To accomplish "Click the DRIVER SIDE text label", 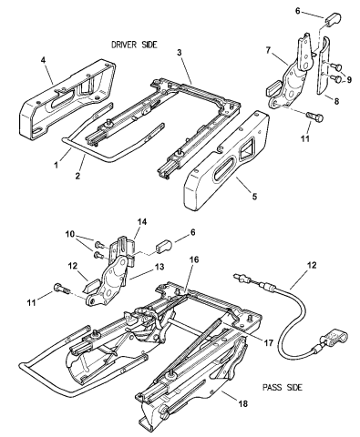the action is [x=134, y=45].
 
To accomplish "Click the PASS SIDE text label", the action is [x=283, y=387].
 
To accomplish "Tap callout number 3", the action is [x=180, y=52].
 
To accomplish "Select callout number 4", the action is [x=44, y=60].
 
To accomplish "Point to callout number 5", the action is [x=254, y=196].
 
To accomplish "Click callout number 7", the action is [x=268, y=50].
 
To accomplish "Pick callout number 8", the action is [x=336, y=100].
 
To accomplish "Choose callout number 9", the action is [x=349, y=79].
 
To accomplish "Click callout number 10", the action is [x=69, y=234].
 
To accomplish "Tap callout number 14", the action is [x=142, y=221].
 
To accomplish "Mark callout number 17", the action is [x=269, y=343].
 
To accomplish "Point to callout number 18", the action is [x=243, y=403].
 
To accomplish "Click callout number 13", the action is [x=159, y=267].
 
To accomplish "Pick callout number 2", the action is [x=77, y=176].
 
